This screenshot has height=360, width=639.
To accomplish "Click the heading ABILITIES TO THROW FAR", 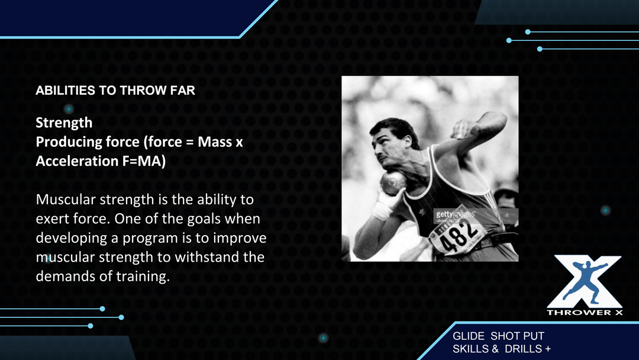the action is click(x=115, y=90).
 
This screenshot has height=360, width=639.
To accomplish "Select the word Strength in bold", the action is click(x=64, y=123).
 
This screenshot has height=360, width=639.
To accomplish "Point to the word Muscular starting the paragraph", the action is click(x=66, y=200).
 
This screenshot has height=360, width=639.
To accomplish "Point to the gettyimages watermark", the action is click(x=455, y=214).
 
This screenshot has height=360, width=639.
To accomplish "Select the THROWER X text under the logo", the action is click(x=585, y=313).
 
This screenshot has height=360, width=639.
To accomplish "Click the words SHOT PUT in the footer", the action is click(x=517, y=336).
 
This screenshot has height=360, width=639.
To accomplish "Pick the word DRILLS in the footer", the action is click(x=523, y=349).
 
